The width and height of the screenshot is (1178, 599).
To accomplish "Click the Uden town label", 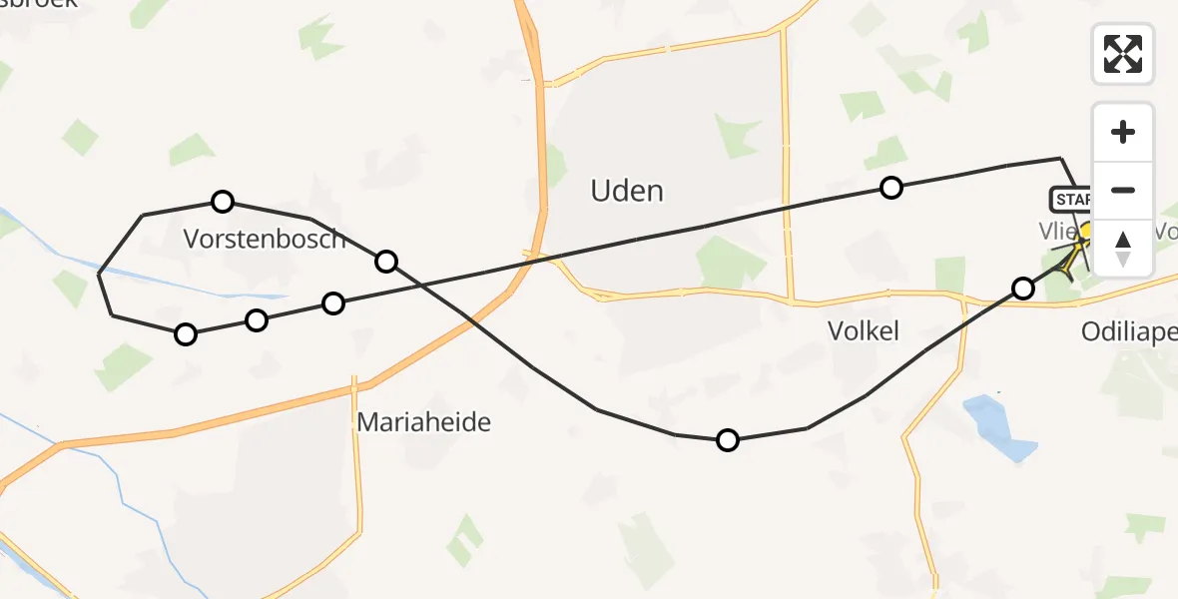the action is [x=627, y=191].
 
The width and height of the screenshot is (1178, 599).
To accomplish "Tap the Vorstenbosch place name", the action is [x=265, y=239].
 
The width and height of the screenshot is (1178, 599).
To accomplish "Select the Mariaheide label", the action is [x=424, y=422].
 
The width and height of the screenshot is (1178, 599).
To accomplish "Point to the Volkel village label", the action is [x=864, y=330].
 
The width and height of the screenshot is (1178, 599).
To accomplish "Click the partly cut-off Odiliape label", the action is [x=1129, y=331].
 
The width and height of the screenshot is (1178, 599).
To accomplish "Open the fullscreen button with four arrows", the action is [x=1123, y=54].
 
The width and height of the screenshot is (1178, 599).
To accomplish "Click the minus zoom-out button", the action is [x=1123, y=190].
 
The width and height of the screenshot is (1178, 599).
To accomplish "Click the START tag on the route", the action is [x=1071, y=200].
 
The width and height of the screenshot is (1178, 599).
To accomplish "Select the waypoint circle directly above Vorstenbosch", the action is [x=223, y=202].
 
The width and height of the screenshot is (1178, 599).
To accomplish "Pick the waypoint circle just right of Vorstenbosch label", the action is [x=386, y=262].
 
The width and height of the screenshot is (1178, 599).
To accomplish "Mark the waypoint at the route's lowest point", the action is [x=728, y=440].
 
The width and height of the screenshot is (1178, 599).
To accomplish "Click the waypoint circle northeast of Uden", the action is [x=890, y=187].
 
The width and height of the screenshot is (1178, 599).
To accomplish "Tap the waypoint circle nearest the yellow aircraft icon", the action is [x=1023, y=289].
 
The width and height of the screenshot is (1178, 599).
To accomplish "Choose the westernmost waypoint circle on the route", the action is [x=186, y=334].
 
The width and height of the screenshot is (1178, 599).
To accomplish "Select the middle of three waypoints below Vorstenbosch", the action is [x=257, y=320].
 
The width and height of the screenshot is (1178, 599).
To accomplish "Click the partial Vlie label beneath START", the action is [x=1058, y=231].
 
